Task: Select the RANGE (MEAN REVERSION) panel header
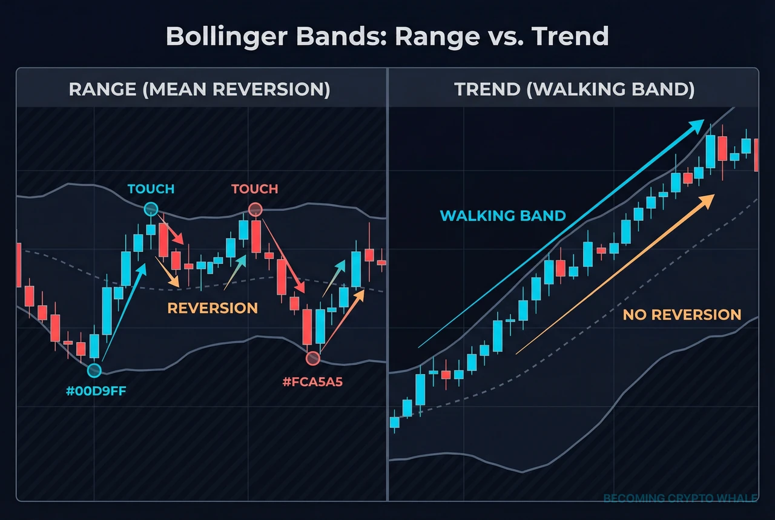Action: (199, 90)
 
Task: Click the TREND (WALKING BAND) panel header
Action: (574, 90)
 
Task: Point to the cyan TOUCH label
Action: (151, 189)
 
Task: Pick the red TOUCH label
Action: (254, 189)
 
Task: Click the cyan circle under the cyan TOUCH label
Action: (151, 210)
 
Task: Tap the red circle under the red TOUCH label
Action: (255, 210)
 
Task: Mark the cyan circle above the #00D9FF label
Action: (94, 370)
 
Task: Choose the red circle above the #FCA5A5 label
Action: (312, 358)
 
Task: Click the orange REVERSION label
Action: (213, 308)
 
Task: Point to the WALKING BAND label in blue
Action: (503, 216)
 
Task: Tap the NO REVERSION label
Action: (682, 315)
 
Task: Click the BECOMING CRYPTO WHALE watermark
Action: (680, 499)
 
